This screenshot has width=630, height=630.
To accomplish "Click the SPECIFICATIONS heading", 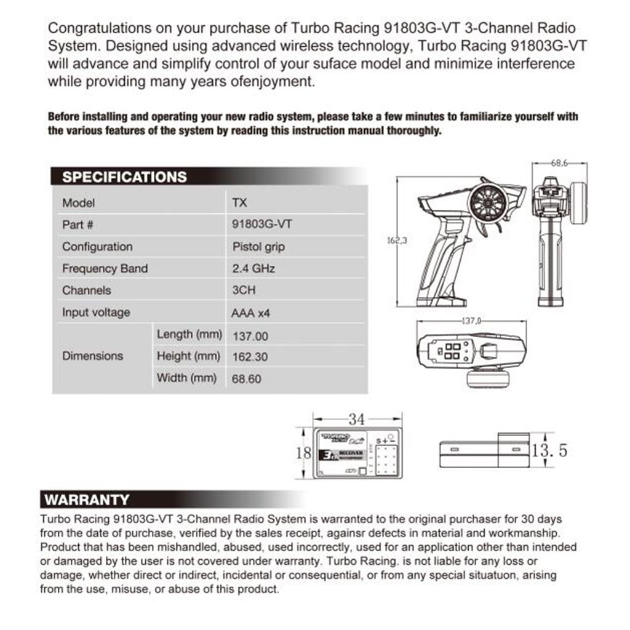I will point(124,177).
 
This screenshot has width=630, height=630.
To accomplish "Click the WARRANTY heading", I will point(87,500).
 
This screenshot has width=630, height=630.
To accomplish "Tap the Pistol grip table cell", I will point(258,247).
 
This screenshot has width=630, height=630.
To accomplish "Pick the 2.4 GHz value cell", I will point(253,269).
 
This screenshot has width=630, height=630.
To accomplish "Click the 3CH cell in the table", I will point(244,290).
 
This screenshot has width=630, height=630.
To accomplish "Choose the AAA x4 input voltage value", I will point(250,313).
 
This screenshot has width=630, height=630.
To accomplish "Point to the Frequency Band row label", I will point(105,269).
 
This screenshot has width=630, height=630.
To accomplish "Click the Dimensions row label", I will point(92,356).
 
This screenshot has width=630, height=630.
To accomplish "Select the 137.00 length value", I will point(250,336).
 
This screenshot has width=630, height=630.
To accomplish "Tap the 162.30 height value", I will point(250,356).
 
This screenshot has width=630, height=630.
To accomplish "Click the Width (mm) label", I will point(186,378).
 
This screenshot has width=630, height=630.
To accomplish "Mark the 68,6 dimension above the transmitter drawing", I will point(557,164).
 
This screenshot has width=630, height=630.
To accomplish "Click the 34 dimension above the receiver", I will point(357,420).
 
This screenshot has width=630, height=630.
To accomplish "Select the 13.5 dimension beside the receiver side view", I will point(549,450).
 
